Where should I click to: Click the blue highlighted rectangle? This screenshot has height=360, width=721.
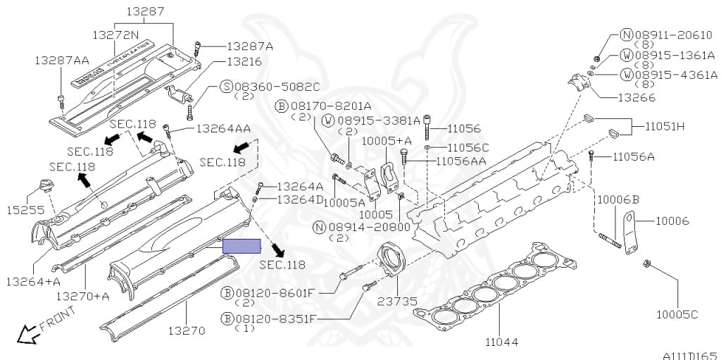click(242, 246)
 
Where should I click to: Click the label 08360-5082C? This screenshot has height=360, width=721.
click(276, 87)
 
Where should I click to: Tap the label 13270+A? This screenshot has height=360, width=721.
click(82, 296)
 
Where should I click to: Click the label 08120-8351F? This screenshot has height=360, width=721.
click(274, 318)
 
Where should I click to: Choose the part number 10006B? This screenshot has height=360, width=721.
click(617, 200)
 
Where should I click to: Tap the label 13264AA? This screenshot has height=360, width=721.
click(223, 129)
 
